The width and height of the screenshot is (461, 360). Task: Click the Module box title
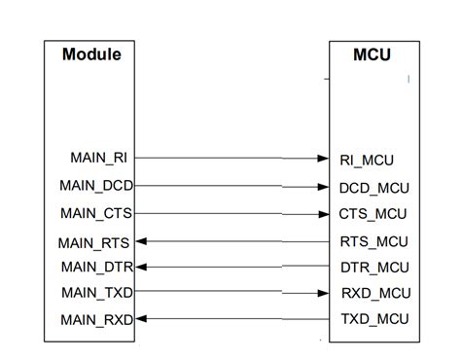point(91,54)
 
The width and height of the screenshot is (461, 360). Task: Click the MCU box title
point(371,54)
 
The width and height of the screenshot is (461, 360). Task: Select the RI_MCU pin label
point(366,159)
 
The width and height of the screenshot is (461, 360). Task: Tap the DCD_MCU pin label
point(372,186)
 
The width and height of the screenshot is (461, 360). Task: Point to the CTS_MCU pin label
point(372,213)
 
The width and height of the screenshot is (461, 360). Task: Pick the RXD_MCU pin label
point(372,293)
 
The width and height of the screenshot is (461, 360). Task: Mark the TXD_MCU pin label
point(372,319)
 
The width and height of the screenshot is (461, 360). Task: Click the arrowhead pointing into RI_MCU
point(323,158)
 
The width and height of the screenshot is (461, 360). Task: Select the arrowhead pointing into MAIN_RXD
point(140,318)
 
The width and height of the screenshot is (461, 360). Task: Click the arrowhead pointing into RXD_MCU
point(323,292)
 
